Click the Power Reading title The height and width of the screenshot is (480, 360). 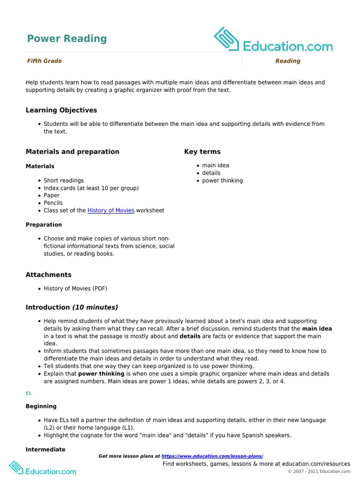point(67,38)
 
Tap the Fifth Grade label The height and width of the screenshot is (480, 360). point(44,61)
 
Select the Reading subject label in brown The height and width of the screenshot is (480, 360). point(287,61)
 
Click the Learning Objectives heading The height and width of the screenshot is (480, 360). point(61,110)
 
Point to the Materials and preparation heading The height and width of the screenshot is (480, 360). point(72,151)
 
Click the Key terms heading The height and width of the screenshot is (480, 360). point(202,151)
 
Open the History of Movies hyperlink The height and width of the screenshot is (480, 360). point(111,210)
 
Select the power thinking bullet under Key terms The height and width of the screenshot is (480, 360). point(222,180)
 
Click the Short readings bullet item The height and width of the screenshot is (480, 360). point(63,180)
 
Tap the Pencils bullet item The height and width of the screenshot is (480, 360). point(53,203)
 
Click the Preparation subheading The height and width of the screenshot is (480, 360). point(44,225)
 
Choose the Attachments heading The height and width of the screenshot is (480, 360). point(48,275)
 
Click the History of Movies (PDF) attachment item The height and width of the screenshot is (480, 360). point(75,288)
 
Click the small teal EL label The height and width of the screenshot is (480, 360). point(28,394)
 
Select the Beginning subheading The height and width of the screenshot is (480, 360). point(41,406)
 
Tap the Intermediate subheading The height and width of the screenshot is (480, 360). point(45,450)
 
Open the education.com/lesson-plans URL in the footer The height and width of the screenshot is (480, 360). point(212,456)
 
